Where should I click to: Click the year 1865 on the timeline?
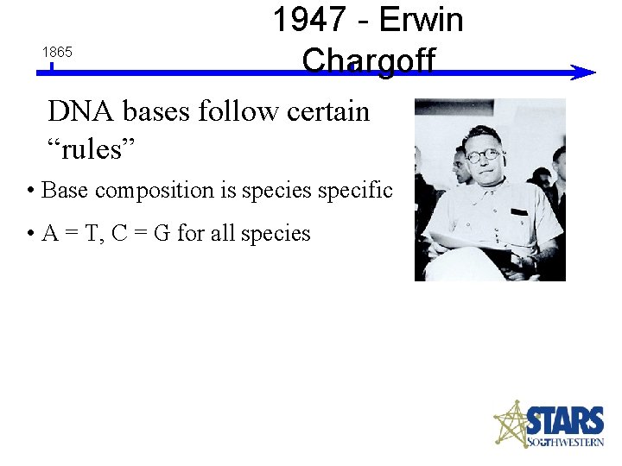tap(57, 53)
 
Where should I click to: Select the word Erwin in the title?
tap(422, 20)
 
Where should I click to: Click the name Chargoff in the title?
tap(369, 60)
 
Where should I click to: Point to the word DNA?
tap(81, 111)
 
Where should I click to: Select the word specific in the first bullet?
tap(355, 190)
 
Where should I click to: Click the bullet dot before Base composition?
tap(30, 191)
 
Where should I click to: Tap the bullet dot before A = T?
tap(30, 234)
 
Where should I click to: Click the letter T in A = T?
tap(91, 233)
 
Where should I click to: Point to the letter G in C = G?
tap(162, 233)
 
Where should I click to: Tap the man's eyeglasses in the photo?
tap(483, 156)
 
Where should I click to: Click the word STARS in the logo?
tap(565, 422)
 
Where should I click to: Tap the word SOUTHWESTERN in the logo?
tap(566, 443)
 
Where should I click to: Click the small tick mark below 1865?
tap(52, 66)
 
